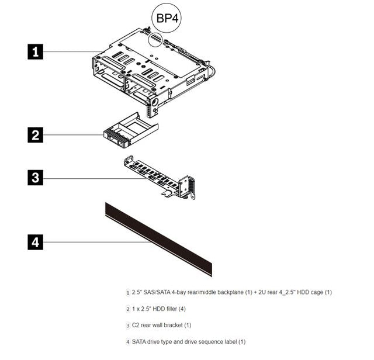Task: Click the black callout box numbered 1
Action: [36, 52]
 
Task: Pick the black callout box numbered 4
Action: [36, 241]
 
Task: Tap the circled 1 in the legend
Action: [128, 292]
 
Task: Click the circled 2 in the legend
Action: [128, 309]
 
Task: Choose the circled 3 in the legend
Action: [128, 325]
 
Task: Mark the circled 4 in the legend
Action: [128, 341]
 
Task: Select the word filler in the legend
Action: [169, 309]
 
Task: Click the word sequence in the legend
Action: [207, 341]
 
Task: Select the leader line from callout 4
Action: [105, 241]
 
